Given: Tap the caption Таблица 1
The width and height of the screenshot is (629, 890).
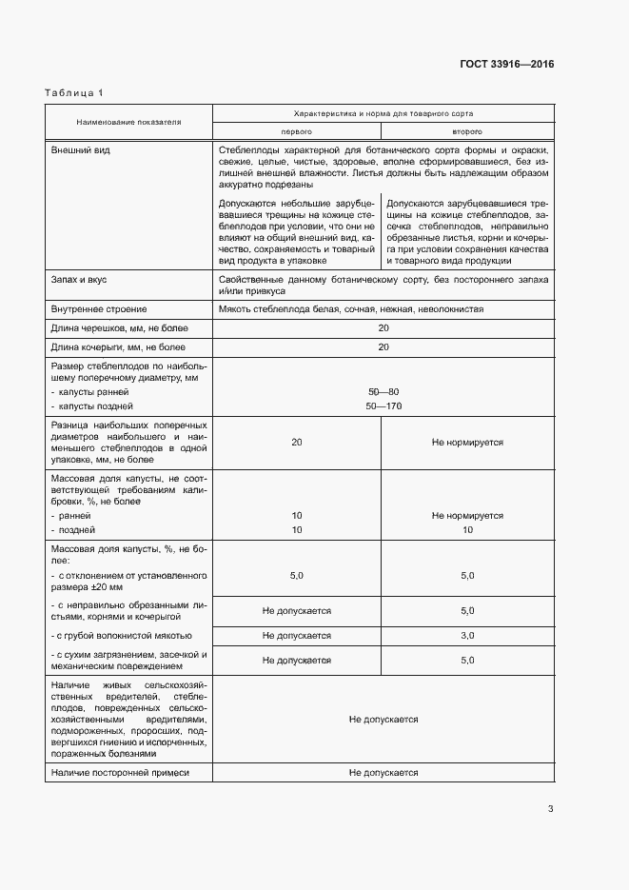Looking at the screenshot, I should pyautogui.click(x=74, y=92).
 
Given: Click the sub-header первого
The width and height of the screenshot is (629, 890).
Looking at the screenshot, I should pyautogui.click(x=296, y=131).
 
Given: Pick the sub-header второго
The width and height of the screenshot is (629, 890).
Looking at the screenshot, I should pyautogui.click(x=466, y=131).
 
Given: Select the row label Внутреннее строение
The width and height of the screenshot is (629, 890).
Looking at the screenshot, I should pyautogui.click(x=99, y=309).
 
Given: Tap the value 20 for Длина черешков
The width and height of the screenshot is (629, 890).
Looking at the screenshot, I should pyautogui.click(x=383, y=328).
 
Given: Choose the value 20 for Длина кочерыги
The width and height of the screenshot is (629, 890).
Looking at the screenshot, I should pyautogui.click(x=383, y=347).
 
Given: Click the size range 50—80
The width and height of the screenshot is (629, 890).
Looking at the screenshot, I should pyautogui.click(x=383, y=392).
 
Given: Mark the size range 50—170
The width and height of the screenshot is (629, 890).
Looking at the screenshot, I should pyautogui.click(x=383, y=406).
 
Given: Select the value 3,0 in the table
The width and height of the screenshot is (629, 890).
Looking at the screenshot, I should pyautogui.click(x=466, y=635).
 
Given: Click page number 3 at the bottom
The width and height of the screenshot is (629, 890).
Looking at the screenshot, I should pyautogui.click(x=550, y=809).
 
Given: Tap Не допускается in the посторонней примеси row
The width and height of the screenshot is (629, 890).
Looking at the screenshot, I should pyautogui.click(x=383, y=773).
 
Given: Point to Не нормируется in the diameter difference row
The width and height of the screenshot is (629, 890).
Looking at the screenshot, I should pyautogui.click(x=466, y=443).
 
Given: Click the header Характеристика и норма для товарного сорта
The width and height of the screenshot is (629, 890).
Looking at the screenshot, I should pyautogui.click(x=383, y=112).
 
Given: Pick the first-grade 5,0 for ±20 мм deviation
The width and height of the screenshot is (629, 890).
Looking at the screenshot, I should pyautogui.click(x=296, y=576).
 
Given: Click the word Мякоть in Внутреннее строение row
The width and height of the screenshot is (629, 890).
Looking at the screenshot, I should pyautogui.click(x=234, y=309).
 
